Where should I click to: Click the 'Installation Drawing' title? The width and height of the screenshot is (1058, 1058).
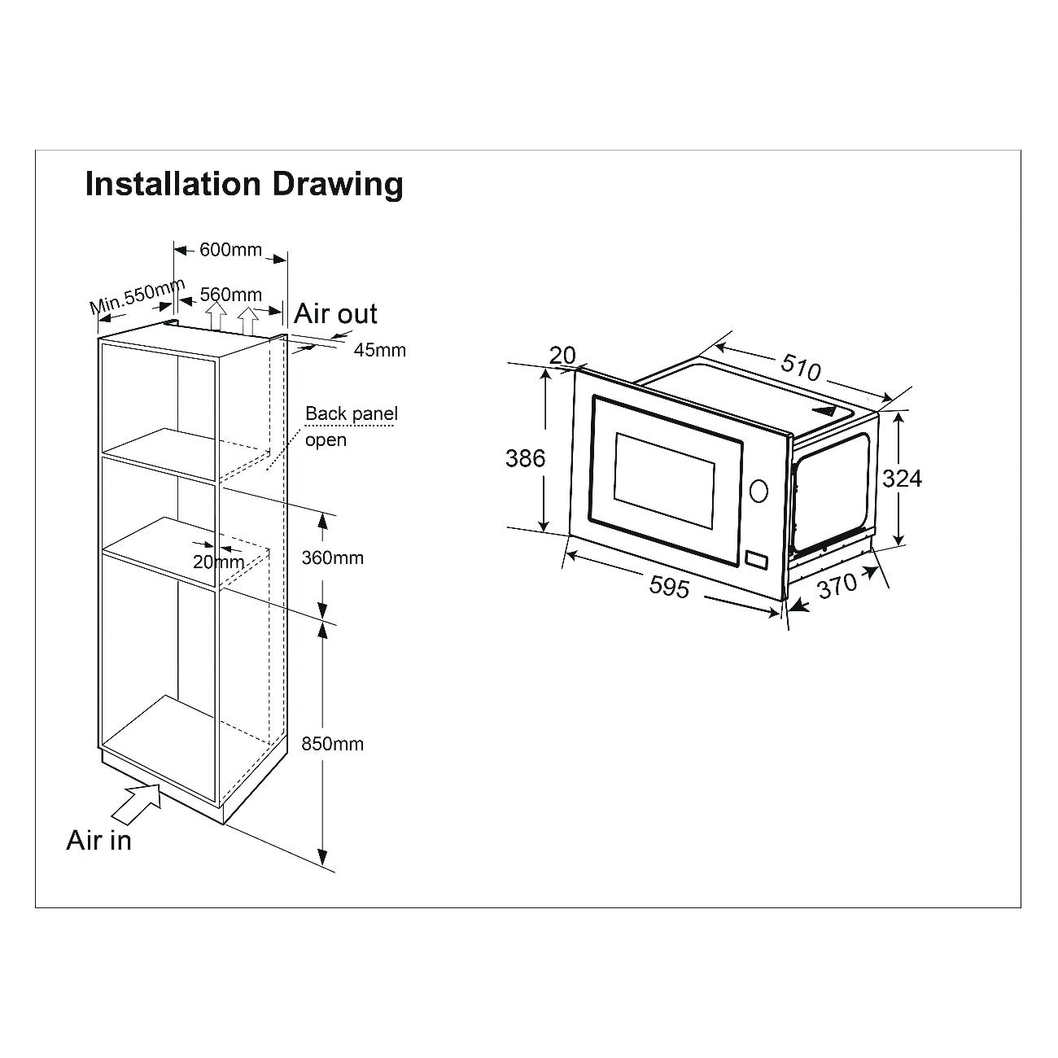pos(244,185)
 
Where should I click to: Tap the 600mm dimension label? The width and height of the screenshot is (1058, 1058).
pos(230,250)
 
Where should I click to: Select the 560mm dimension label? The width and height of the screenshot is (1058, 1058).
pos(230,295)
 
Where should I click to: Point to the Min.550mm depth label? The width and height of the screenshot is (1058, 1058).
pos(138,295)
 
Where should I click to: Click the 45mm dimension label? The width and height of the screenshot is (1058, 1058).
pos(380,350)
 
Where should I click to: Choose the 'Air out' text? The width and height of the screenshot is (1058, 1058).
pos(335,313)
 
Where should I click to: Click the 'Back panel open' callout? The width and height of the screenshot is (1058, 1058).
pos(352,426)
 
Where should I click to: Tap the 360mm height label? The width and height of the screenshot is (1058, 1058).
pos(333,557)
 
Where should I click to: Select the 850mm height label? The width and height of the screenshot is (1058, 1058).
pos(333,744)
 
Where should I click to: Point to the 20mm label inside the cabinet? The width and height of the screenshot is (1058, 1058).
pos(219,562)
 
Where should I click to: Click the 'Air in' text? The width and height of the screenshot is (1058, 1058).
pos(98,841)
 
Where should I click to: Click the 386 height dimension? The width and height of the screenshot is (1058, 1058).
pos(526,458)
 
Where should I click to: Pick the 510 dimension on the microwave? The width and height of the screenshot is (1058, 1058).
pos(801,367)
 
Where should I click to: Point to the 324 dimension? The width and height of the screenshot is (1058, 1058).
pos(902,479)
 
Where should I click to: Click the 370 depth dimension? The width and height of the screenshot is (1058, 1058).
pos(837,586)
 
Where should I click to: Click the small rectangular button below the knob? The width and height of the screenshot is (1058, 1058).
pos(757,559)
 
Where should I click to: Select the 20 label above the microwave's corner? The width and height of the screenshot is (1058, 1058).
pos(562,355)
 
